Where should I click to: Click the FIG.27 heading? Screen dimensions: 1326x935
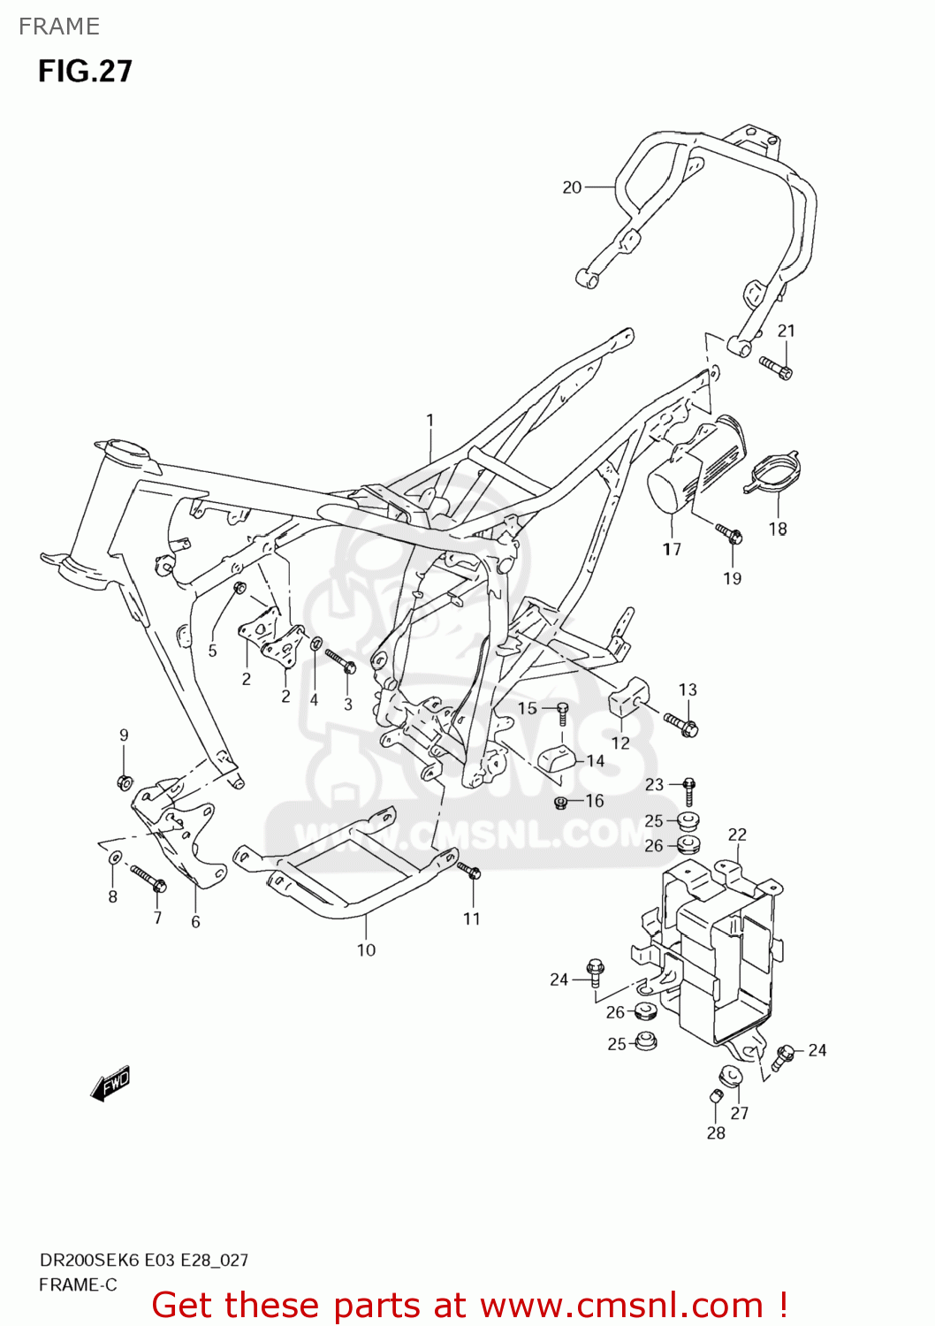pos(85,71)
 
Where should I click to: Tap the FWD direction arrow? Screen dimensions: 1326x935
pos(110,1083)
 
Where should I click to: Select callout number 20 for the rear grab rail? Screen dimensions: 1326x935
pos(572,187)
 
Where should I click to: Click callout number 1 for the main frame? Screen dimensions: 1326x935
pos(430,420)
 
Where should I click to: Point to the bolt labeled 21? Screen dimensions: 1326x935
pos(775,366)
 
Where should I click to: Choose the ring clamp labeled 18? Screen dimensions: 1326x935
pos(776,471)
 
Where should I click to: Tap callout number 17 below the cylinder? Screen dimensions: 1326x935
pos(672,549)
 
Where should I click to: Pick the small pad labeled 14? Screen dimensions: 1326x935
pos(558,758)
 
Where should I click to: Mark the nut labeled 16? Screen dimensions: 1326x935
pos(560,802)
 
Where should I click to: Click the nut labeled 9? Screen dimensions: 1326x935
pos(125,781)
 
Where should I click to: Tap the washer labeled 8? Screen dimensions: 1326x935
pos(114,858)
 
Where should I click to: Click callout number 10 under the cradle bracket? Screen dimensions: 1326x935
pos(366,950)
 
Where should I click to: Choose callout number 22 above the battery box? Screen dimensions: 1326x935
pos(737,834)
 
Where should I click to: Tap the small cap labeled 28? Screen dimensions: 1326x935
pos(716,1097)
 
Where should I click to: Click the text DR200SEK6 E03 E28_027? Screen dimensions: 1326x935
pos(143,1260)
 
